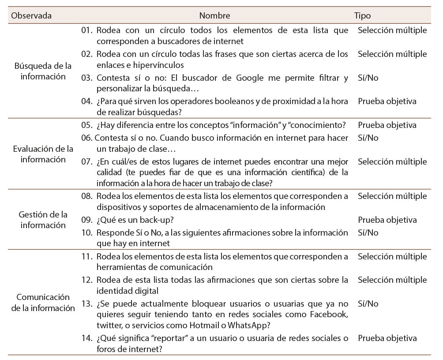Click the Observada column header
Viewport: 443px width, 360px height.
click(31, 15)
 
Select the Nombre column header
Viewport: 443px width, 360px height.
click(214, 15)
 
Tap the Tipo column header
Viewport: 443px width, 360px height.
click(362, 15)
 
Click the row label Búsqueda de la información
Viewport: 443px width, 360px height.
click(43, 71)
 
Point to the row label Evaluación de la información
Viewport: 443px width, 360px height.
click(43, 154)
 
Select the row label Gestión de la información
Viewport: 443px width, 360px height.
click(43, 220)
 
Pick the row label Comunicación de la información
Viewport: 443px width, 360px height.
click(43, 302)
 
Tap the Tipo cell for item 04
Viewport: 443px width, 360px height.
click(387, 101)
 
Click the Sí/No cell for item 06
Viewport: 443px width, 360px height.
click(368, 138)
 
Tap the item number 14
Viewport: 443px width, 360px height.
click(86, 338)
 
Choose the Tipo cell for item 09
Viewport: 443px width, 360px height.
click(387, 220)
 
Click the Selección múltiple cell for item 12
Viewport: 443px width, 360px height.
click(392, 280)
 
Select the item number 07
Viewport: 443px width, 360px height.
click(86, 161)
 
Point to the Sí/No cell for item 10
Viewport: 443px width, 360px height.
click(368, 232)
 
